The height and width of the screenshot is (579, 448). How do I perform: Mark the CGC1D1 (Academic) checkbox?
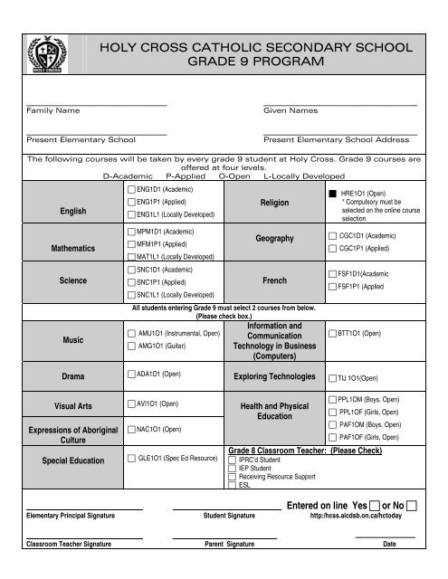[332, 236]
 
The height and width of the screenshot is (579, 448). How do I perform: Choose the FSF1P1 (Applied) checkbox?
[332, 285]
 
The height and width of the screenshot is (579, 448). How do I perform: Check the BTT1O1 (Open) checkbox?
[332, 334]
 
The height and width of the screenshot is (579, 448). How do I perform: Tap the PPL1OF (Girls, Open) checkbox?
[332, 413]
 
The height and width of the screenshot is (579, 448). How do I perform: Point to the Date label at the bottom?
[389, 545]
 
